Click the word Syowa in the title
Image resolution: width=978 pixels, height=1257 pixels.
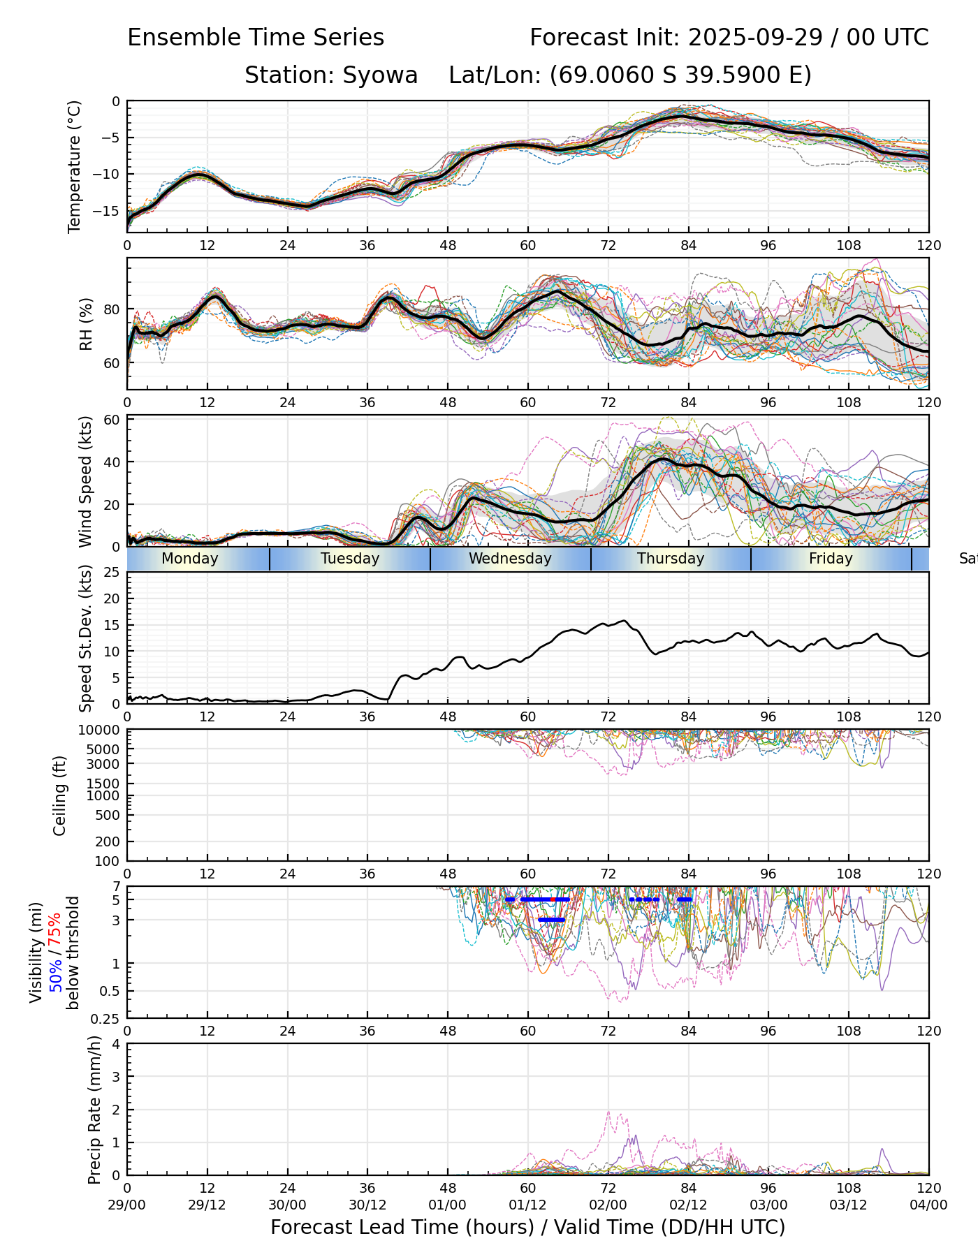point(380,75)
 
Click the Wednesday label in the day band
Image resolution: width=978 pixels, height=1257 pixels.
point(510,559)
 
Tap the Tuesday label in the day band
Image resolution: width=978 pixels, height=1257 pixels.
point(350,559)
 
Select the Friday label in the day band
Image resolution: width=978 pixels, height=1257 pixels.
point(831,559)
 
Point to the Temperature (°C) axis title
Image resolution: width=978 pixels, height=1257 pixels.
point(75,166)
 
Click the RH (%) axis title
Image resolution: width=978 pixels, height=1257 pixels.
point(86,324)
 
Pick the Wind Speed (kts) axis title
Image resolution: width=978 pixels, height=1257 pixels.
point(85,482)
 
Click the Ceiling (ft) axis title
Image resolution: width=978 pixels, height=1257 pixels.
point(60,795)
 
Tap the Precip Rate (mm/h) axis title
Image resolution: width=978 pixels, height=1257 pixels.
point(94,1110)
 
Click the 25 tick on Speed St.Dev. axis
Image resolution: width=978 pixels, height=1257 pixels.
point(112,573)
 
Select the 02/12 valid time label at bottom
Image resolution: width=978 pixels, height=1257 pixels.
point(688,1205)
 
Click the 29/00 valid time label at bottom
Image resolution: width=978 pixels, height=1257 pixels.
point(127,1205)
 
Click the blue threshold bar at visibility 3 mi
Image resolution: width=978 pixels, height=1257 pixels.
point(552,920)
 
